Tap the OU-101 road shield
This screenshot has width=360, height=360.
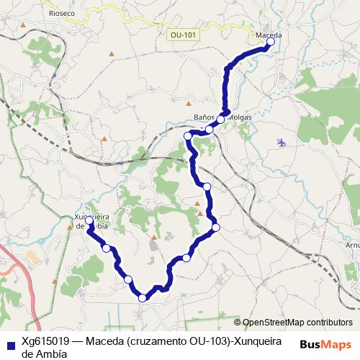point(185,35)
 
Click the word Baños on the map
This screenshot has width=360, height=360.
point(205,117)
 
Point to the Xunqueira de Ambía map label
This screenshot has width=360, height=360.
point(91,220)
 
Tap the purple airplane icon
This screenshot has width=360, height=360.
point(281,142)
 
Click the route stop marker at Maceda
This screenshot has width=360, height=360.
point(271,42)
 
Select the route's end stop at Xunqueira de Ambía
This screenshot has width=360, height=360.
point(89,220)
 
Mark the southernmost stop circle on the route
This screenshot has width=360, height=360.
point(143,297)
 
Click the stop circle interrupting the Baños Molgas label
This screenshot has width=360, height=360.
point(222,120)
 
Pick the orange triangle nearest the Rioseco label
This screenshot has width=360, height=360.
point(24,27)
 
